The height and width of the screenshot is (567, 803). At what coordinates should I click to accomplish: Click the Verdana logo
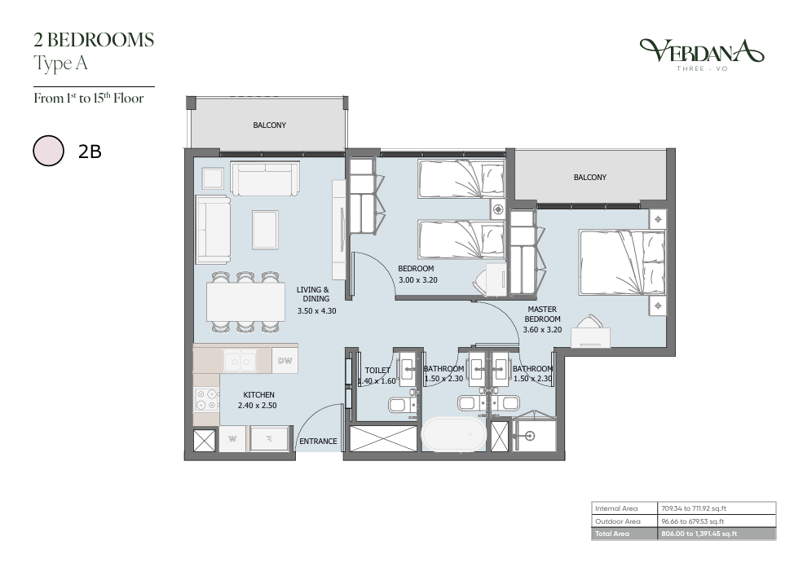(x=702, y=55)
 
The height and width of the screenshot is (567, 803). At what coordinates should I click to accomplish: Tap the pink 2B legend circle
(x=49, y=151)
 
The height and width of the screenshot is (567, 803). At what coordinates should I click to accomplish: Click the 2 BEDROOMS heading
(x=94, y=40)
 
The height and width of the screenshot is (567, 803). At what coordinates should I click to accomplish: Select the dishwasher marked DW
(x=285, y=361)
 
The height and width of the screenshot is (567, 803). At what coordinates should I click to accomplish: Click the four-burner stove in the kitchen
(x=207, y=400)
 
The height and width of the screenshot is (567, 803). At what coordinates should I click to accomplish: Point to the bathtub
(x=454, y=434)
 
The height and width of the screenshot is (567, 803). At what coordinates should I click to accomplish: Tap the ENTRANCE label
(x=318, y=441)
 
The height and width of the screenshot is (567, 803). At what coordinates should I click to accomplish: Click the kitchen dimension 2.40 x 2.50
(x=257, y=406)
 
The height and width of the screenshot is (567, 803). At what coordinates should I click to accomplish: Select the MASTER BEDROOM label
(x=542, y=314)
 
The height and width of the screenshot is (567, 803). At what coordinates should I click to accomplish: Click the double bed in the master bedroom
(x=622, y=262)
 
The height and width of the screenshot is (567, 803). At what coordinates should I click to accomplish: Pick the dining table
(x=246, y=302)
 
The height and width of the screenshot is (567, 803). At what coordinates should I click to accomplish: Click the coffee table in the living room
(x=265, y=230)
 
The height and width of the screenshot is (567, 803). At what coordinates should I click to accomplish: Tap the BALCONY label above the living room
(x=269, y=125)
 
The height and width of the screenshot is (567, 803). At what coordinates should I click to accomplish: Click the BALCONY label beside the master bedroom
(x=590, y=177)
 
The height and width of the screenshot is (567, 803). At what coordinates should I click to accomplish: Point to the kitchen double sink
(x=240, y=361)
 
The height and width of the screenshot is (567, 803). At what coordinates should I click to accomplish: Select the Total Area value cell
(x=717, y=534)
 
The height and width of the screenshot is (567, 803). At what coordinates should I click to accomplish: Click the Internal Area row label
(x=616, y=508)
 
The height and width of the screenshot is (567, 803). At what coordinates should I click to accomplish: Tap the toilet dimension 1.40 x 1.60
(x=377, y=381)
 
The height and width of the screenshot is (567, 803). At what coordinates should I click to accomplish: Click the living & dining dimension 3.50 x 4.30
(x=317, y=310)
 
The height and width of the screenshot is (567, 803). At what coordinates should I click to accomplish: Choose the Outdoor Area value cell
(x=717, y=521)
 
